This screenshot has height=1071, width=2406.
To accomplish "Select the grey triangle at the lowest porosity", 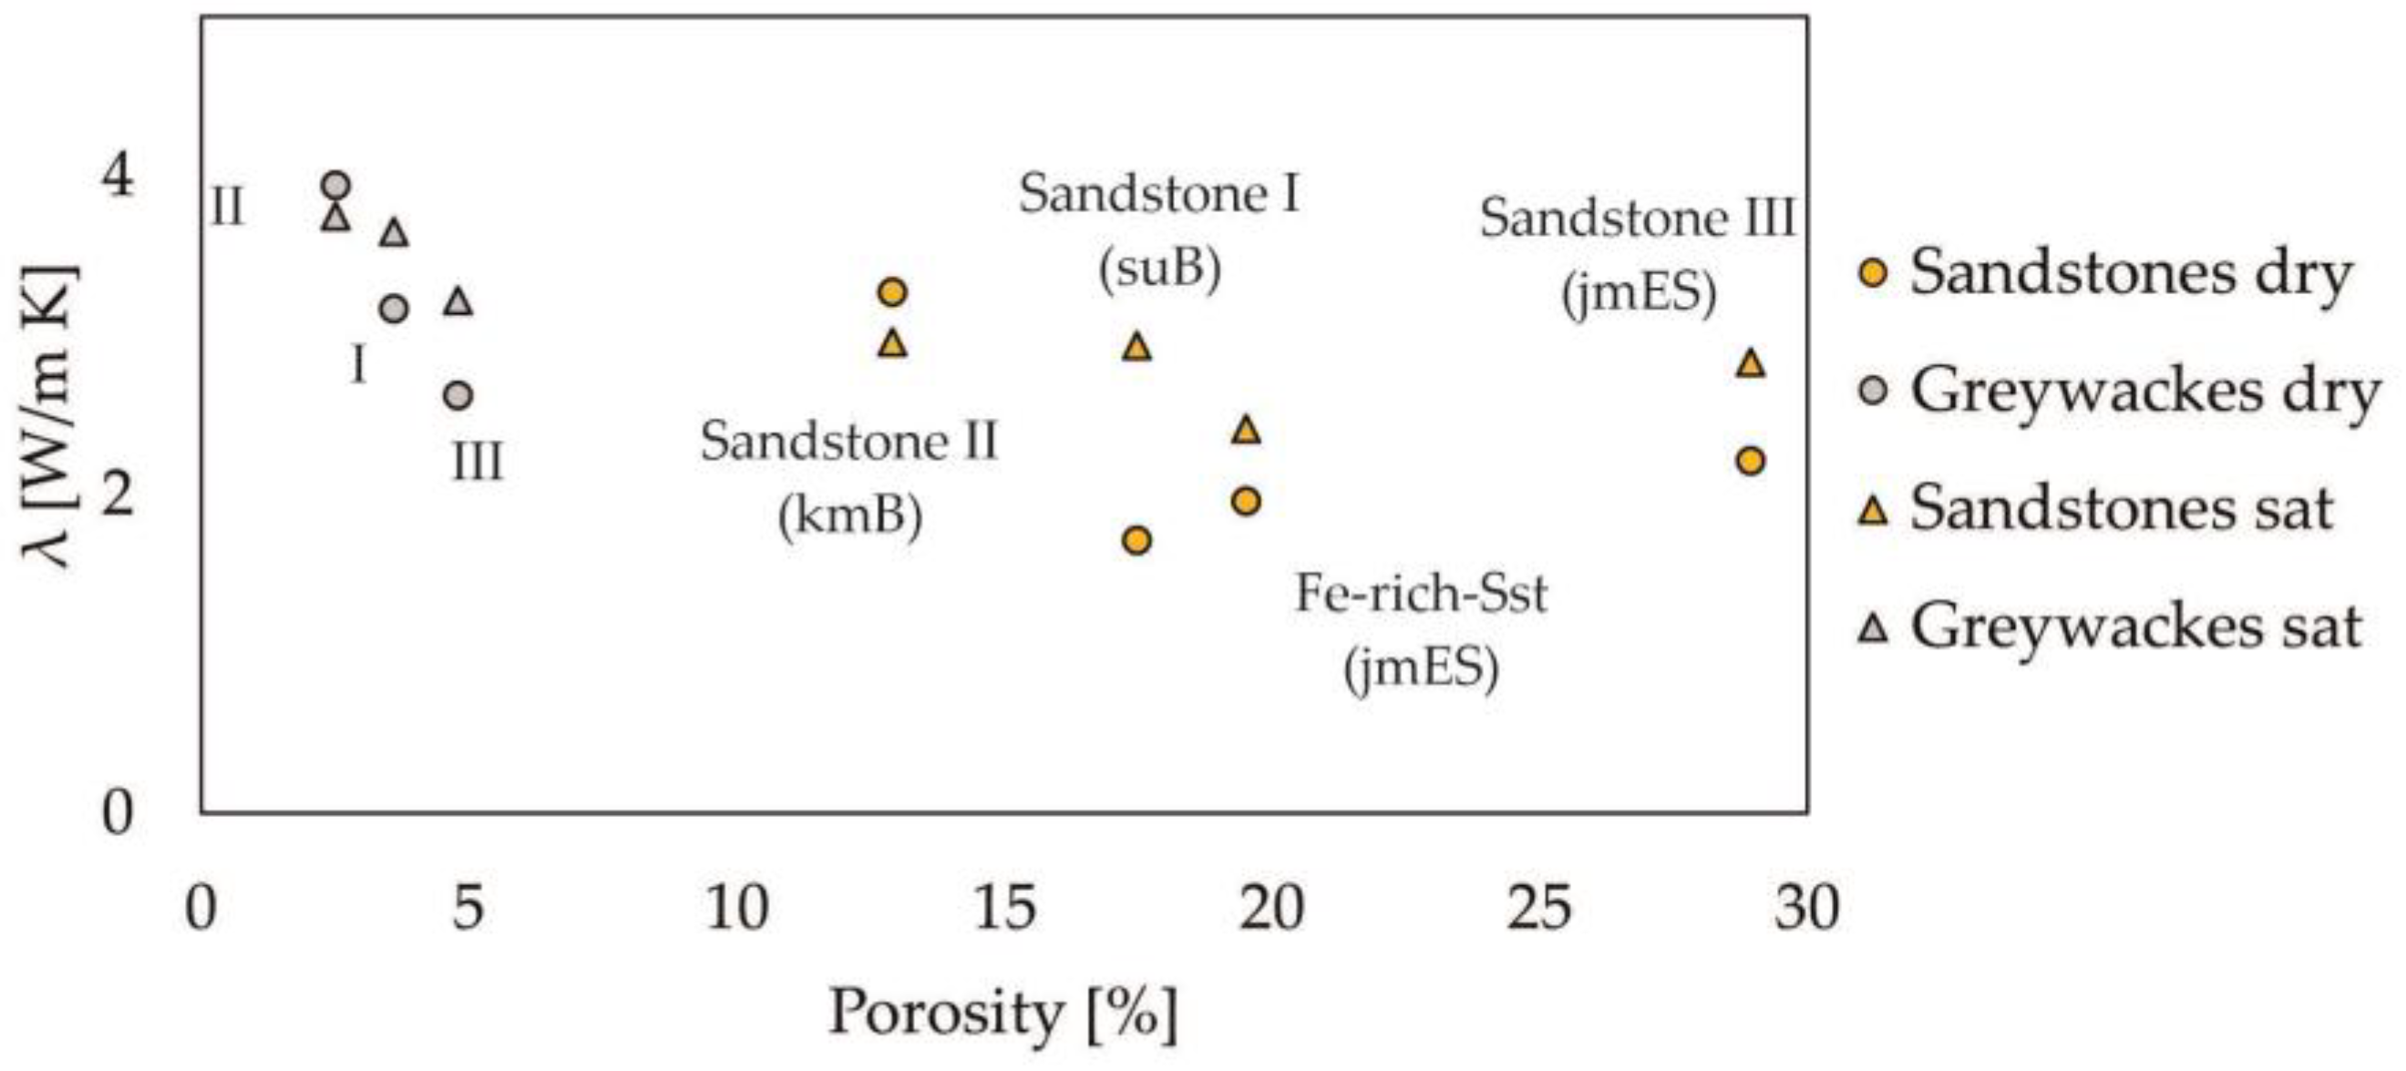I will [x=336, y=218].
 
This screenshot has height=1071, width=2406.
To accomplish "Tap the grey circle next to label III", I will [x=458, y=396].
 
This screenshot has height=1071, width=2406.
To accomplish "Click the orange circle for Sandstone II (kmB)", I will [x=893, y=292].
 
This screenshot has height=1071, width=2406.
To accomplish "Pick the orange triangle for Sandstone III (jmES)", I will [x=1751, y=363].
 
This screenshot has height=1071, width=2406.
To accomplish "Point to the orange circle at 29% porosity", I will [x=1751, y=460].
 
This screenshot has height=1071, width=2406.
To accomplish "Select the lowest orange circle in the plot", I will [x=1136, y=540].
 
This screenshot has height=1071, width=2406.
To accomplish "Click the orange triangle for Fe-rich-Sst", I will [x=1246, y=430].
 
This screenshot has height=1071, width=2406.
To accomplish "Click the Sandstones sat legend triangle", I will [x=1873, y=511].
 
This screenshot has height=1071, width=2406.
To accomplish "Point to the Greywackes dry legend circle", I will [x=1873, y=392].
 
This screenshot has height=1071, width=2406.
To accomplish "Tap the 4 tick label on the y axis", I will [x=118, y=177].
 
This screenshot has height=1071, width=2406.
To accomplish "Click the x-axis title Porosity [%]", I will [x=1003, y=1013].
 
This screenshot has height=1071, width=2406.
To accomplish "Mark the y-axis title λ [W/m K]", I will [x=46, y=415].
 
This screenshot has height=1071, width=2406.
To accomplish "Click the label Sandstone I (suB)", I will [x=1158, y=231].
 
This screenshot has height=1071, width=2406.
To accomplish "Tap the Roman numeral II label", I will [x=227, y=207].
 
